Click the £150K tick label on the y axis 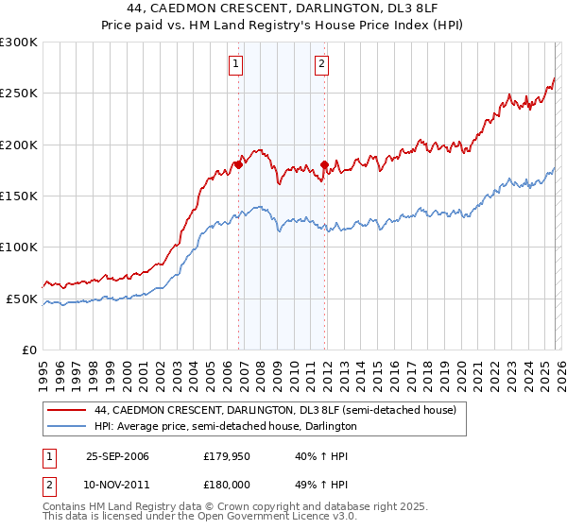(x=19, y=196)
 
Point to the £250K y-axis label (x=19, y=94)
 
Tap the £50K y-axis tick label (x=22, y=299)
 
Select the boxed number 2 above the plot (x=321, y=64)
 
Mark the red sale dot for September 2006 (x=238, y=164)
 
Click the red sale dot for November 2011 (x=324, y=164)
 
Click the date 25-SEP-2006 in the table (x=117, y=456)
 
